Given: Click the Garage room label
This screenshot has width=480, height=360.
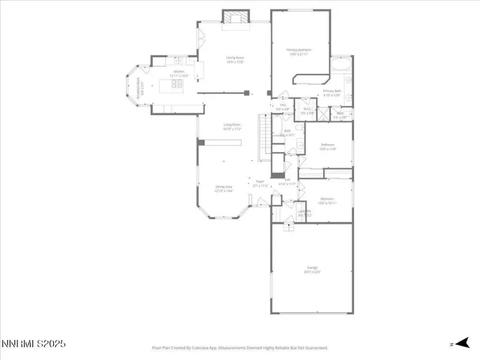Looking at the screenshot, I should pyautogui.click(x=312, y=269).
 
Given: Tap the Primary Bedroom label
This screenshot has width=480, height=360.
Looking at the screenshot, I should pyautogui.click(x=299, y=51).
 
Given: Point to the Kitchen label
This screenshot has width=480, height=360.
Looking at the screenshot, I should pyautogui.click(x=175, y=74).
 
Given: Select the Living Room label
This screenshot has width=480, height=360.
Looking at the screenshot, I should pyautogui.click(x=232, y=127).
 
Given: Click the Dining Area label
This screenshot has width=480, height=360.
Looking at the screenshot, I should pyautogui.click(x=224, y=189).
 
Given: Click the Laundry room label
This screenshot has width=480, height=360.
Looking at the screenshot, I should pyautogui.click(x=305, y=213).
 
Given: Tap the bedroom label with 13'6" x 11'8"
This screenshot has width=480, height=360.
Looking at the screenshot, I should pyautogui.click(x=328, y=147).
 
